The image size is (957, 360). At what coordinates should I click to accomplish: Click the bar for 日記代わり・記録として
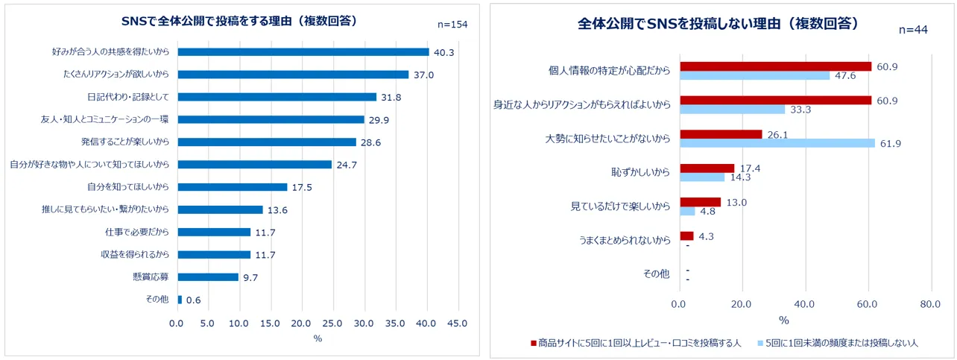pos(277,97)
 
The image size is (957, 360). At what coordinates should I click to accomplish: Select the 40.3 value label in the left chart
pos(444,52)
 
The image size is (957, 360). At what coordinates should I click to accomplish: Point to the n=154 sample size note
pos(452,25)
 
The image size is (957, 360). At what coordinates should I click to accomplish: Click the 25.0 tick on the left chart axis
pos(332,323)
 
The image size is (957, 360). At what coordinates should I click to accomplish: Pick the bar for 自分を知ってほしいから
pos(232,187)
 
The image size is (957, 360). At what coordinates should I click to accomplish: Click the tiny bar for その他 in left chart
pos(179,300)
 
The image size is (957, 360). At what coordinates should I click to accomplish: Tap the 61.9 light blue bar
pos(777,142)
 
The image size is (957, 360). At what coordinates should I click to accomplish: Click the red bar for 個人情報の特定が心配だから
pos(774,66)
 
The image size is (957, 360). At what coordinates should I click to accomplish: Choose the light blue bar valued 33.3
pos(732,109)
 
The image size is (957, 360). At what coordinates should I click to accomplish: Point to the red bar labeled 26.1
pos(720,134)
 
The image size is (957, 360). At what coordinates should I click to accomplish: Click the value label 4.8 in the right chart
pos(708,211)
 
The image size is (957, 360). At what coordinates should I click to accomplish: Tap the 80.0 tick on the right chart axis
pos(929,304)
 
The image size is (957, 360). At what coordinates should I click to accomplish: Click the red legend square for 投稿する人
pos(533,343)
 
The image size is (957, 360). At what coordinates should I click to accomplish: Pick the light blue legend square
pos(759,343)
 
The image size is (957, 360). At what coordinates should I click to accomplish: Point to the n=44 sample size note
pos(912,30)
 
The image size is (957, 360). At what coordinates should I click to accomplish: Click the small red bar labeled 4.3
pos(686,236)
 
